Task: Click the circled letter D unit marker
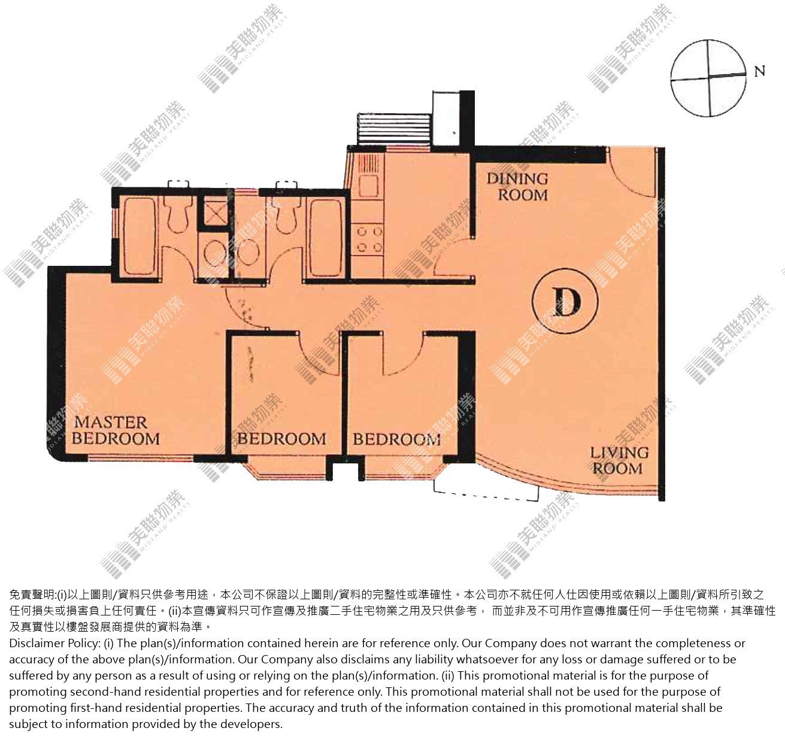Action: tap(565, 301)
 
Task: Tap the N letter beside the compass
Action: tap(759, 71)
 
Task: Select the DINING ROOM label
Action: tap(518, 187)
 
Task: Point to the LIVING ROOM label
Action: tap(619, 460)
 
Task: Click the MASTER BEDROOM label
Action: tap(116, 430)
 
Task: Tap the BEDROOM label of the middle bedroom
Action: tap(281, 438)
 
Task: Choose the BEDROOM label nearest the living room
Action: tap(396, 439)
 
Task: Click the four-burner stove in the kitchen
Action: tap(369, 239)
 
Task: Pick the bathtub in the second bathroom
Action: tap(326, 238)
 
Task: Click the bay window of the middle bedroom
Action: tap(287, 468)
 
